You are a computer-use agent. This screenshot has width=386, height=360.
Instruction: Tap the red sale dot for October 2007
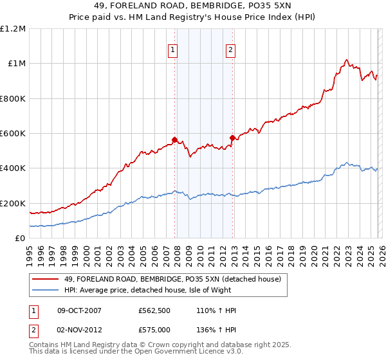174,139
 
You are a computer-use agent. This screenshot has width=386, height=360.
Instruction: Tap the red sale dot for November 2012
232,138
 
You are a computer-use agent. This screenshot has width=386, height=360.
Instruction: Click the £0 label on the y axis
19,238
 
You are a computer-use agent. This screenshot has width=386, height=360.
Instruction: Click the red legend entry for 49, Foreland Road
172,279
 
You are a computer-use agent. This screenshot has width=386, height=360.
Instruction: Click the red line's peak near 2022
347,60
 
